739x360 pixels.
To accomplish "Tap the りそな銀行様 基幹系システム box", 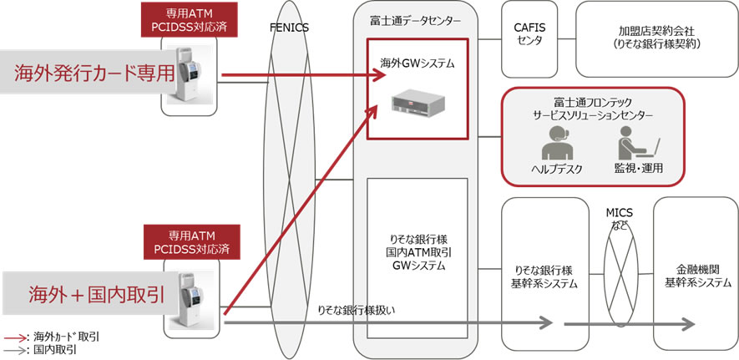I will (540, 274).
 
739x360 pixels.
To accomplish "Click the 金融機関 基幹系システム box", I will (696, 274).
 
